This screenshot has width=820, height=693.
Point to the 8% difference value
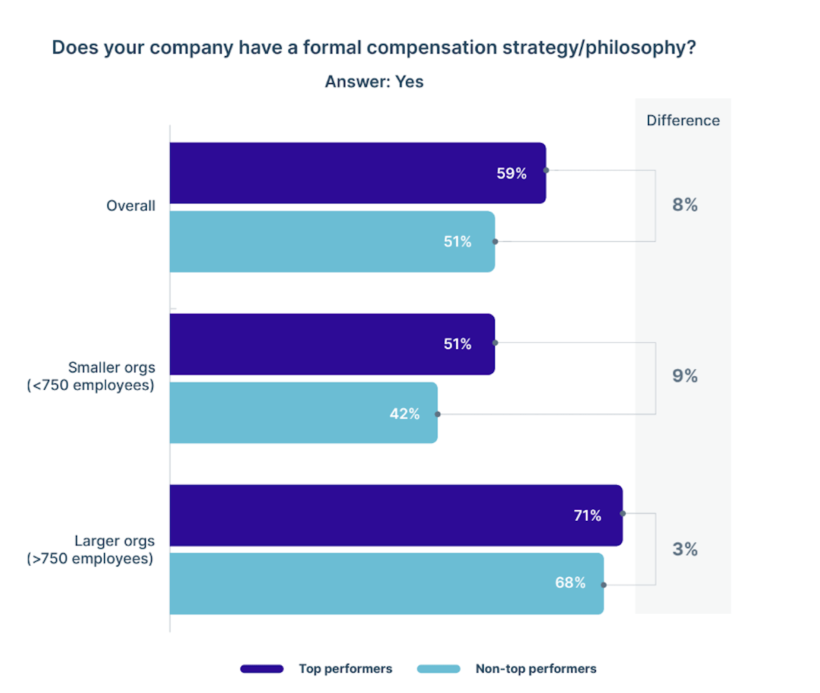pyautogui.click(x=685, y=205)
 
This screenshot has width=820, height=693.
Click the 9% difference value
pyautogui.click(x=685, y=376)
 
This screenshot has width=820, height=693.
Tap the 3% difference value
pyautogui.click(x=685, y=549)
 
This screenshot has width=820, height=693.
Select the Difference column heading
pyautogui.click(x=683, y=120)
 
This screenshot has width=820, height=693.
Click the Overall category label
pyautogui.click(x=131, y=206)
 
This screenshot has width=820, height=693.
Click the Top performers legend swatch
pyautogui.click(x=262, y=669)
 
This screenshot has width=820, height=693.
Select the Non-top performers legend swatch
pyautogui.click(x=439, y=669)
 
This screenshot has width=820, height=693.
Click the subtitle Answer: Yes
pyautogui.click(x=374, y=82)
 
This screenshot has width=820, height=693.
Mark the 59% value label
pyautogui.click(x=511, y=174)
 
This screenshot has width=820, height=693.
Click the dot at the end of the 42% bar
pyautogui.click(x=438, y=414)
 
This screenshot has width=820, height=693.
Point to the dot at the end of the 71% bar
pyautogui.click(x=623, y=513)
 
